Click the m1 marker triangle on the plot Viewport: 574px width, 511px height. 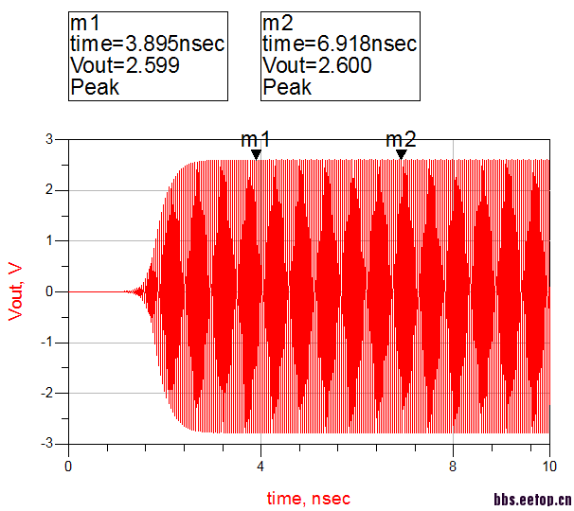[x=256, y=155]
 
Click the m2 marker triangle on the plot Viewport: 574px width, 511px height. [x=401, y=155]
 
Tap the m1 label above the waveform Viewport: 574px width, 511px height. [x=256, y=140]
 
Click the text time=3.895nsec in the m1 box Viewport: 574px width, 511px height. [x=147, y=44]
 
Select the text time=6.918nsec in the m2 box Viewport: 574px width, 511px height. [x=339, y=44]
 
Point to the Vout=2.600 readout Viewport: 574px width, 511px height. [x=316, y=65]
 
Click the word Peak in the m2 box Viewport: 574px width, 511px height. [x=287, y=87]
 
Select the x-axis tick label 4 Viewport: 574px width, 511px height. [x=260, y=466]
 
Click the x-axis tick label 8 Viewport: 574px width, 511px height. [x=453, y=466]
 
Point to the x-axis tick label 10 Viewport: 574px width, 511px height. [x=549, y=466]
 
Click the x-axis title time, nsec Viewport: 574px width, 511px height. [x=308, y=497]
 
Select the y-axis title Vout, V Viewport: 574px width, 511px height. [x=15, y=291]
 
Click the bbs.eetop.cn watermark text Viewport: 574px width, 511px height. [x=532, y=500]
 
